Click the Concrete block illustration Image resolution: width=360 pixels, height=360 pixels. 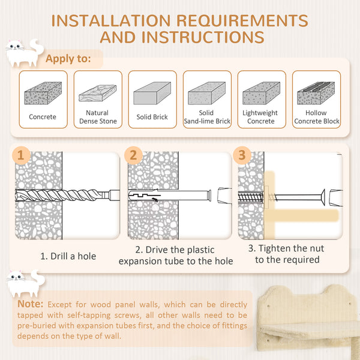[x=43, y=93]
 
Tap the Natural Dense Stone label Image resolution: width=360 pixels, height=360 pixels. [x=98, y=117]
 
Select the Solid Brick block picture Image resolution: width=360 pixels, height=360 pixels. [x=152, y=93]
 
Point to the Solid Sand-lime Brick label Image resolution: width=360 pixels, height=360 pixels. [x=207, y=117]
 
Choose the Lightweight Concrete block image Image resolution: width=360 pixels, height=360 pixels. [x=261, y=93]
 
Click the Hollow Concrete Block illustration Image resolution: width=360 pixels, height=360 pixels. [x=316, y=93]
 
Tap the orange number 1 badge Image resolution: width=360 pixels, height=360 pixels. [x=21, y=155]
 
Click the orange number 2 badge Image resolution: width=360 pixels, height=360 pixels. [x=133, y=155]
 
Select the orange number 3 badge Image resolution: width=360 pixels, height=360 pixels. [x=242, y=155]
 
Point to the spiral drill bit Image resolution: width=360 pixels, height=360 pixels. [x=58, y=195]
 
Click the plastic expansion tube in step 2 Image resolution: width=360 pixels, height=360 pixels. [x=170, y=196]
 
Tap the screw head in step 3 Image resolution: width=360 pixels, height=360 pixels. [x=323, y=197]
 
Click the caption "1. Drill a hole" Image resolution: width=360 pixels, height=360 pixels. [x=68, y=256]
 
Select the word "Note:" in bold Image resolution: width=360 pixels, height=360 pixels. [x=31, y=304]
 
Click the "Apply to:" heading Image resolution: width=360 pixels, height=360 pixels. [x=68, y=59]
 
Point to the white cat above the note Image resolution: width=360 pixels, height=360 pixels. [x=25, y=284]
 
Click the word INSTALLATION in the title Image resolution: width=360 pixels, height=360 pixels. [x=111, y=21]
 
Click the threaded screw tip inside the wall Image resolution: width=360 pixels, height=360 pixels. [x=251, y=197]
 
